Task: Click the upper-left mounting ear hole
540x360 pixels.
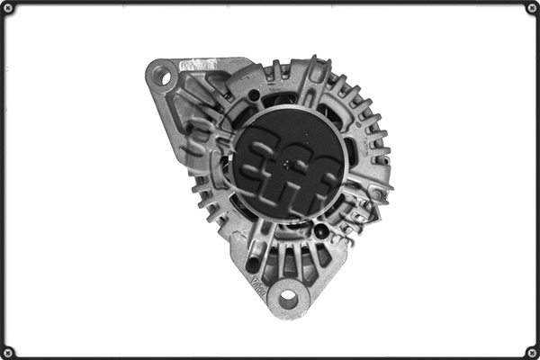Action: (163, 76)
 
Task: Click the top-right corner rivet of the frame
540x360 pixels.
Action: (529, 10)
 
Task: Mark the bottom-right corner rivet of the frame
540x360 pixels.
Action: (529, 350)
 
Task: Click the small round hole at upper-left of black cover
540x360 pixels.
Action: (255, 95)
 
